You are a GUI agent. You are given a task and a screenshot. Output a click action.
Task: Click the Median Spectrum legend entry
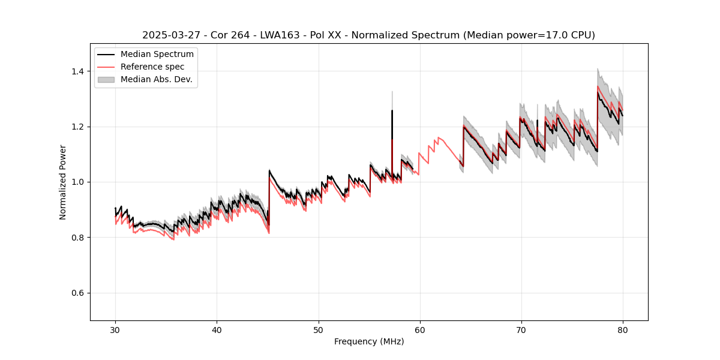coord(157,55)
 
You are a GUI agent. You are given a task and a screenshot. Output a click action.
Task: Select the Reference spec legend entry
coord(152,67)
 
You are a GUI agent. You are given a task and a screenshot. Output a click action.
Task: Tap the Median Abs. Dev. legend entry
coord(156,79)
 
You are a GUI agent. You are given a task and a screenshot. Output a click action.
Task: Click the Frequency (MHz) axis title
coord(369,341)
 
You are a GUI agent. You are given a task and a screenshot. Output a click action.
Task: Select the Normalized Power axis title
coord(63,182)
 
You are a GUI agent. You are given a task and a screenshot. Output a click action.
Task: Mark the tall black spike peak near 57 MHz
coord(392,110)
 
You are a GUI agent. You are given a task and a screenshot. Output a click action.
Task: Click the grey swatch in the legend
coord(106,79)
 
